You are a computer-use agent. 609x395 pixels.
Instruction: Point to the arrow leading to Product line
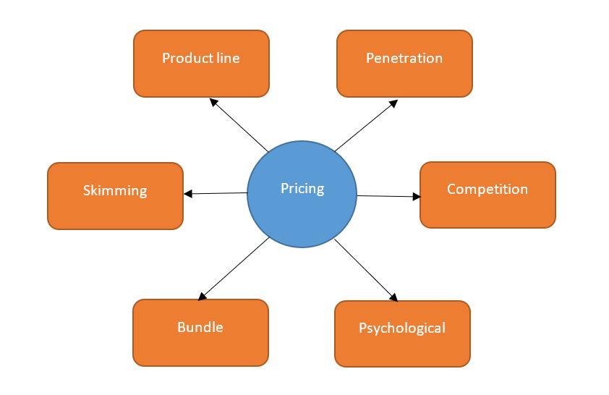tap(239, 125)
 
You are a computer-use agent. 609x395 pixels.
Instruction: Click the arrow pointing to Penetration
tap(366, 125)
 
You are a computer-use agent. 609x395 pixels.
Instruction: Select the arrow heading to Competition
tap(389, 196)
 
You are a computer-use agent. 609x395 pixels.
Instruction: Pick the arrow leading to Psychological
tap(367, 270)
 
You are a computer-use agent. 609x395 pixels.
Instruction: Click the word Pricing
tap(302, 189)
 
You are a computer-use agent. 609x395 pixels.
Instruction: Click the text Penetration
tap(404, 58)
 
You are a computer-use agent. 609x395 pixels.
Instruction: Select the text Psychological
tap(402, 328)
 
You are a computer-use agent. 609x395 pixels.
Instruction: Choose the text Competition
tap(487, 189)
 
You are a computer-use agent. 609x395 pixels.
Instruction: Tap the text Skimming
tap(115, 191)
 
